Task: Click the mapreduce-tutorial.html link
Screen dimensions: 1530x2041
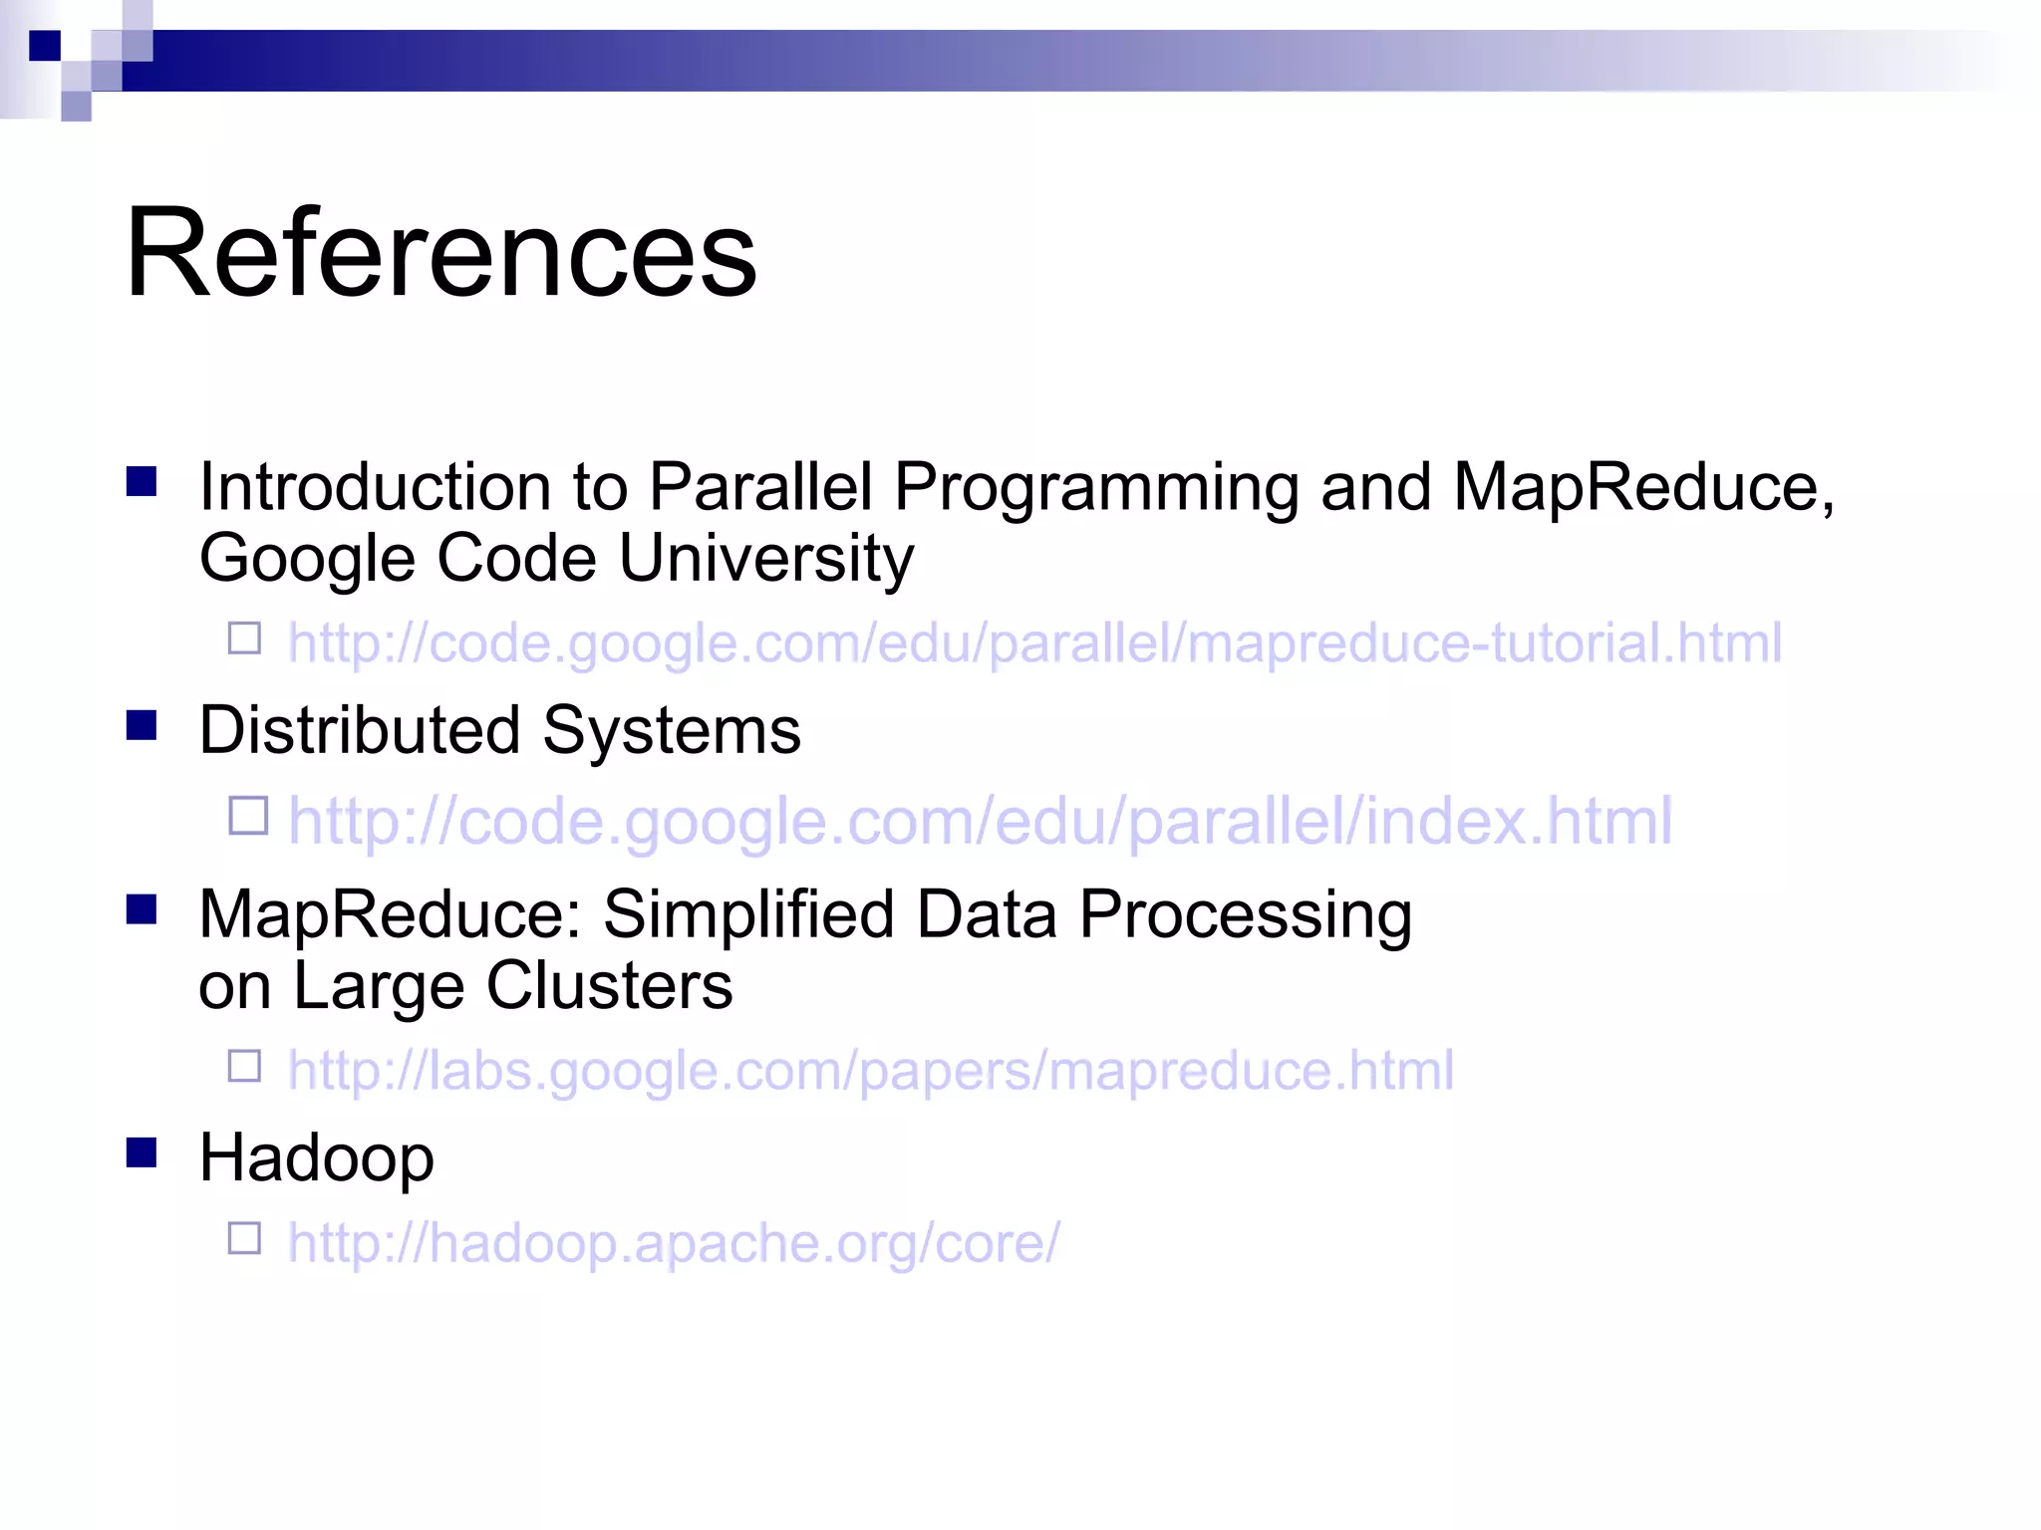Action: [x=1033, y=642]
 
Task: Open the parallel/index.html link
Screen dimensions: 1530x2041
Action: [x=980, y=821]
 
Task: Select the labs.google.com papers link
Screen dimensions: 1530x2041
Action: [x=870, y=1071]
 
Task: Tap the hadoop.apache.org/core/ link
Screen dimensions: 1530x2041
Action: [x=674, y=1243]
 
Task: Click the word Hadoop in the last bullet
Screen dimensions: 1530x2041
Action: [x=316, y=1158]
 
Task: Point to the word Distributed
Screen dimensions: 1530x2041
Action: [x=359, y=730]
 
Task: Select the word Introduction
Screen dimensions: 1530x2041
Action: [x=374, y=488]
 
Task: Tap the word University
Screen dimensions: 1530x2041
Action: [x=765, y=559]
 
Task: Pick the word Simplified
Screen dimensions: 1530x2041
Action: [x=747, y=915]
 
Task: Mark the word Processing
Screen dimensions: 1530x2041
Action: [x=1245, y=915]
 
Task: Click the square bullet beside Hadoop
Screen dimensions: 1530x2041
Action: [x=142, y=1152]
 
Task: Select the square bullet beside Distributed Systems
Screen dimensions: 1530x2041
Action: [x=142, y=725]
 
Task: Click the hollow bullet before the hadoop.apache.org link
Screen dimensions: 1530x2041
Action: [x=244, y=1238]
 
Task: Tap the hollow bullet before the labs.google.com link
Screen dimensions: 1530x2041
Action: [x=244, y=1066]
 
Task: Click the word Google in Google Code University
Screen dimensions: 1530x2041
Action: [x=306, y=559]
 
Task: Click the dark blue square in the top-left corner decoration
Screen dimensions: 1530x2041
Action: [x=45, y=46]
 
